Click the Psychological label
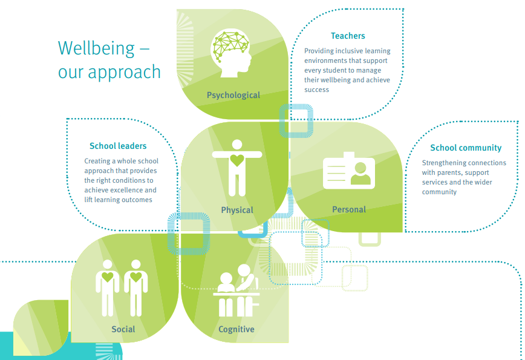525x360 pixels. coord(233,95)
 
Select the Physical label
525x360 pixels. coord(237,210)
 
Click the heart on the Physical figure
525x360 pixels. coord(237,160)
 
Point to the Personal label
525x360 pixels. coord(349,209)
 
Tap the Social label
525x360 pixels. coord(123,330)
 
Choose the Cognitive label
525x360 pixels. coord(236,330)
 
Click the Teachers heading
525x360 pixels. coord(348,36)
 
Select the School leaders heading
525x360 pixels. coord(118,146)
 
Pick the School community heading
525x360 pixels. coord(466,148)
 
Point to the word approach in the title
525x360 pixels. coord(124,72)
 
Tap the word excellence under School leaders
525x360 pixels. coord(126,191)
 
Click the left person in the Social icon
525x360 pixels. coord(108,287)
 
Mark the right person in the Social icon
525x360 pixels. coord(135,287)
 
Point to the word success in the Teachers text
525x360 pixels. coord(317,90)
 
